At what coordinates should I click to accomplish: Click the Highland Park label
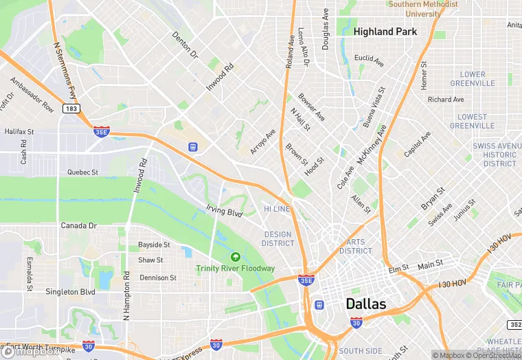(x=385, y=32)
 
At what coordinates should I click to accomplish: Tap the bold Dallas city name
(x=365, y=304)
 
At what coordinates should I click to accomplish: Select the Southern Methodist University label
(x=423, y=9)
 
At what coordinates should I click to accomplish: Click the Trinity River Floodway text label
(x=235, y=269)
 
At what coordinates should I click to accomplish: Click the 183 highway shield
(x=70, y=109)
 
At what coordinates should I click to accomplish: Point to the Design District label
(x=278, y=238)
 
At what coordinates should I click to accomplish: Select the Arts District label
(x=355, y=246)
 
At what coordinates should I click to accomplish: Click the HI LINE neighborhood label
(x=277, y=208)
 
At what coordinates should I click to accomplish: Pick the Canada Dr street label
(x=79, y=225)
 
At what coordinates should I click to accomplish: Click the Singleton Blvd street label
(x=69, y=292)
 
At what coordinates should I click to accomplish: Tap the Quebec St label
(x=82, y=172)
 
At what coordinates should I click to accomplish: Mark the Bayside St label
(x=154, y=245)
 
